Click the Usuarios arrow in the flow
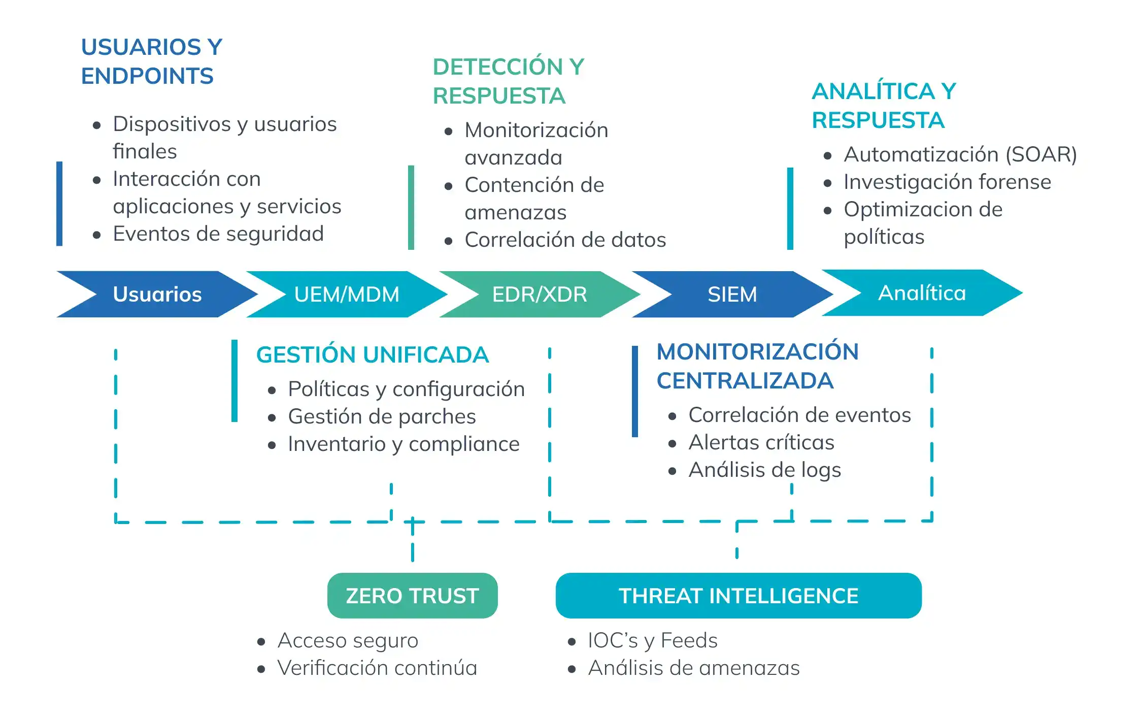pos(157,295)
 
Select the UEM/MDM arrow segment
pos(347,295)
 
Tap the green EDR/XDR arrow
pos(540,295)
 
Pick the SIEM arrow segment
pos(732,295)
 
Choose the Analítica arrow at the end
pos(922,293)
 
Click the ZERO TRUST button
pos(412,596)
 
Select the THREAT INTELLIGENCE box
pos(738,596)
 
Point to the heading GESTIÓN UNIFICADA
pos(372,354)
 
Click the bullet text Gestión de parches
pos(382,416)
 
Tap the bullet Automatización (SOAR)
pos(960,154)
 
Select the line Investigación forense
pos(947,182)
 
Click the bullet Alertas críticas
pos(761,442)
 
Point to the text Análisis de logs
pos(764,470)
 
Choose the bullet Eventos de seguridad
pos(218,234)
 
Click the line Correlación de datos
pos(565,240)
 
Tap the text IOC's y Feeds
pos(653,640)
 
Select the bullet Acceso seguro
pos(348,640)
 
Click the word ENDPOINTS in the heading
pos(147,76)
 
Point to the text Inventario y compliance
pos(404,444)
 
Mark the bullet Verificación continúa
pos(377,668)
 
